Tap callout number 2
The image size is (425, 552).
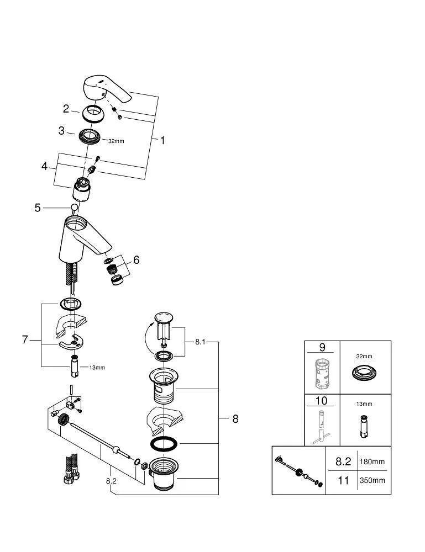(66, 109)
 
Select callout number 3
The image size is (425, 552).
(62, 131)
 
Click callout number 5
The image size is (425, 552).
(38, 208)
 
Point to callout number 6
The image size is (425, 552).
(136, 260)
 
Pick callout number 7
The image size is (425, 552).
(24, 340)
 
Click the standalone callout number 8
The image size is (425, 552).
(235, 419)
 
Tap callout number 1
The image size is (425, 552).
(162, 140)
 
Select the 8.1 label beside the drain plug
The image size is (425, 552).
(200, 342)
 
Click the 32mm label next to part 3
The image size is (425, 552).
(116, 141)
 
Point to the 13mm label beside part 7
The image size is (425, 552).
(97, 368)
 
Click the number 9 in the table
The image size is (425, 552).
(322, 348)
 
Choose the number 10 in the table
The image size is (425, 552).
(321, 401)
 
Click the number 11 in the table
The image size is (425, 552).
(343, 480)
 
